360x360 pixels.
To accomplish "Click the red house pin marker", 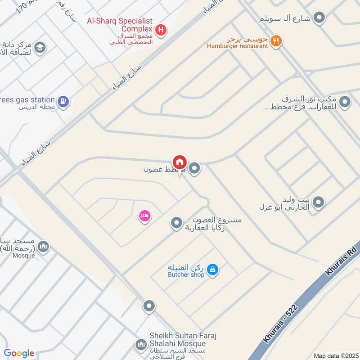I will (x=179, y=162).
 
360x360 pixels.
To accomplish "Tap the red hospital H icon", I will (x=162, y=31).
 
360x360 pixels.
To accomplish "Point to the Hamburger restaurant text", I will (x=237, y=46).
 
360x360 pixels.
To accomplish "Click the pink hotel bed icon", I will (x=144, y=216).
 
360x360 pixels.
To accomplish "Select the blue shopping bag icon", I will (x=213, y=270).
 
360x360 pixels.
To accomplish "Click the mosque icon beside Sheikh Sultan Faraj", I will (x=140, y=345).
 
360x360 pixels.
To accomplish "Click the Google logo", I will (x=19, y=353).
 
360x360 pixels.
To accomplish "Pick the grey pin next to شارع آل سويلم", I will (x=319, y=18).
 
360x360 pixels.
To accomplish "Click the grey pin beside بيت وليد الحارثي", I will (x=318, y=202).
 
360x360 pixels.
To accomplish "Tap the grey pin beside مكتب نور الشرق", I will (x=345, y=103).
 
